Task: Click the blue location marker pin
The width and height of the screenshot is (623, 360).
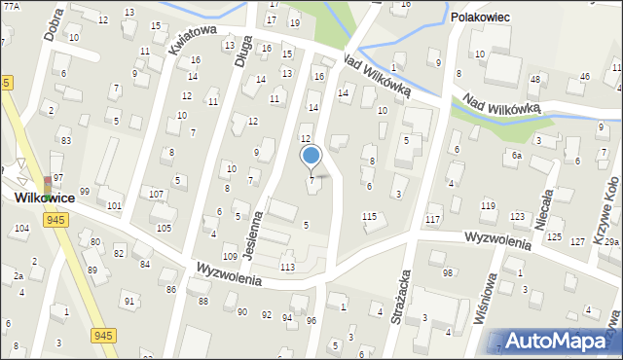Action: click(311, 156)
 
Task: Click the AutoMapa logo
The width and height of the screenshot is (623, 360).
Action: click(559, 341)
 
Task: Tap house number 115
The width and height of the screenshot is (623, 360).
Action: click(369, 216)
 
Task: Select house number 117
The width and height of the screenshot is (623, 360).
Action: click(432, 218)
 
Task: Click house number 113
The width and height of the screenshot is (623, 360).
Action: click(287, 267)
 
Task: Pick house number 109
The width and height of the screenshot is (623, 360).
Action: click(230, 256)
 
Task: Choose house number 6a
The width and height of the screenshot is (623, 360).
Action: click(518, 156)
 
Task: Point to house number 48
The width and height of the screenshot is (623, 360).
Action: click(534, 79)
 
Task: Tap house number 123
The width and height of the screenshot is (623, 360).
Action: click(518, 216)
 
